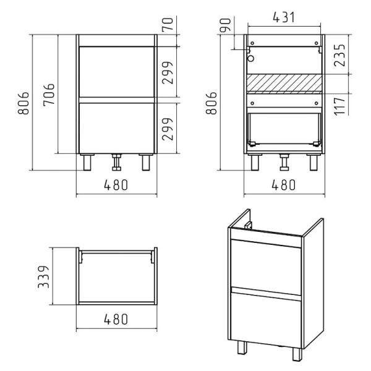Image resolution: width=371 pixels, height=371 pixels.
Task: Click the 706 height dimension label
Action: pyautogui.click(x=49, y=94)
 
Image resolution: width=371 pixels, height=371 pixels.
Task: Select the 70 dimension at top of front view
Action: pyautogui.click(x=168, y=24)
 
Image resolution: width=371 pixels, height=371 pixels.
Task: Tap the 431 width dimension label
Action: pyautogui.click(x=284, y=17)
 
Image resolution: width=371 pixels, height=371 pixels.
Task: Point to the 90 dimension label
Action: pyautogui.click(x=225, y=25)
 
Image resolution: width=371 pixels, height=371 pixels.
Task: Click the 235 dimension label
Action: pyautogui.click(x=339, y=55)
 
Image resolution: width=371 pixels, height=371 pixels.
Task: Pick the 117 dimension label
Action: pyautogui.click(x=339, y=106)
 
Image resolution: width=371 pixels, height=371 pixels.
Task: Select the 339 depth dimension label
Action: pyautogui.click(x=44, y=276)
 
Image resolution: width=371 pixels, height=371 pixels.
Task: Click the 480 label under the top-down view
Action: pyautogui.click(x=116, y=319)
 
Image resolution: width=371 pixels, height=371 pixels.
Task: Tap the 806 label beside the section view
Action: pyautogui.click(x=211, y=103)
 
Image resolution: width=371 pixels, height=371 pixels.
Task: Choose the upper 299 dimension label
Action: pyautogui.click(x=168, y=72)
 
